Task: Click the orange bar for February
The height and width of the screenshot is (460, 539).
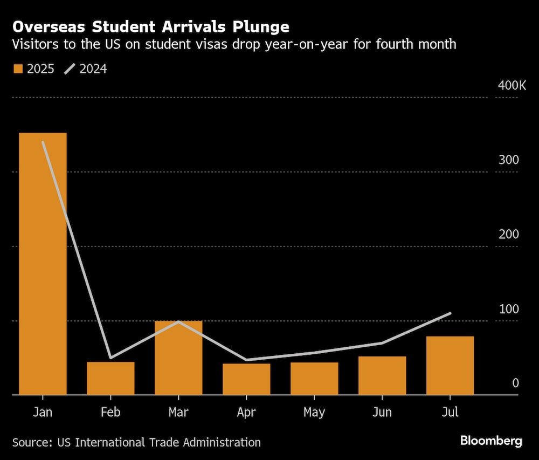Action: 110,378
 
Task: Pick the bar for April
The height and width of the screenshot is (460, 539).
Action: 246,379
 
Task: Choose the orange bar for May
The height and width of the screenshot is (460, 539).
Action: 314,379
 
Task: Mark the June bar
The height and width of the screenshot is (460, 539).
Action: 382,375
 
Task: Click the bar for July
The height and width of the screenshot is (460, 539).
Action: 450,365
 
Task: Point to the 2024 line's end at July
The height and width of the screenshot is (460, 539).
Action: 450,313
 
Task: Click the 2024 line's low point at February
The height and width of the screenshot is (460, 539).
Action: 110,358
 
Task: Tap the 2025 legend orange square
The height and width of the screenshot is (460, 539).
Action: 18,68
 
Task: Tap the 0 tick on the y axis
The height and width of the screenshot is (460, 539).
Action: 515,383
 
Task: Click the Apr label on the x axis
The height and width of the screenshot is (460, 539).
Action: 246,413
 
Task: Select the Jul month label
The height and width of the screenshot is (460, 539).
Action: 450,413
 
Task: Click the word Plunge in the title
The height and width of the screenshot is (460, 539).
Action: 260,26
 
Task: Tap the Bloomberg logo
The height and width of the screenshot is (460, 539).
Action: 491,441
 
